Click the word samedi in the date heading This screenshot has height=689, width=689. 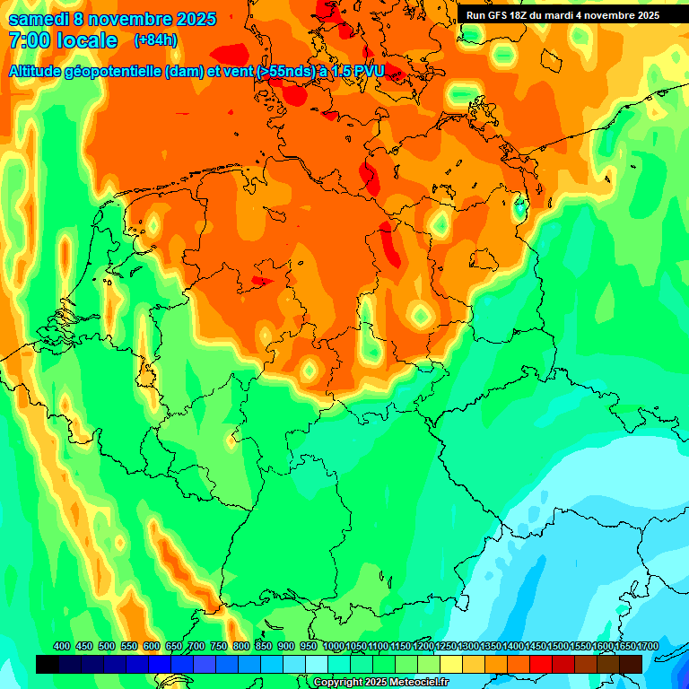pyautogui.click(x=38, y=19)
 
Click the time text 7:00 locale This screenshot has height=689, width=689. pyautogui.click(x=63, y=41)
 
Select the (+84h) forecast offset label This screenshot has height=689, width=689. pyautogui.click(x=154, y=40)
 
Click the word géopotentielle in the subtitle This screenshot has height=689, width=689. pyautogui.click(x=120, y=71)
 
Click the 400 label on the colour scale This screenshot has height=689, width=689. pyautogui.click(x=62, y=646)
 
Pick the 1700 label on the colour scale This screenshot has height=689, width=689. pyautogui.click(x=647, y=646)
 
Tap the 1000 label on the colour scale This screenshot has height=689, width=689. pyautogui.click(x=334, y=646)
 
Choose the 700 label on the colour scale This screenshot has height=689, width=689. pyautogui.click(x=196, y=646)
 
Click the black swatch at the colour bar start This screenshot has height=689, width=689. pyautogui.click(x=48, y=664)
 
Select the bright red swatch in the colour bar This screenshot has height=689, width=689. pyautogui.click(x=541, y=664)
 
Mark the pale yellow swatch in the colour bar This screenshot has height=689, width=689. pyautogui.click(x=451, y=664)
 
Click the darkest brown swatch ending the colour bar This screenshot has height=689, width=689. pyautogui.click(x=631, y=664)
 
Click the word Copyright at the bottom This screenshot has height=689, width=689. pyautogui.click(x=339, y=682)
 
